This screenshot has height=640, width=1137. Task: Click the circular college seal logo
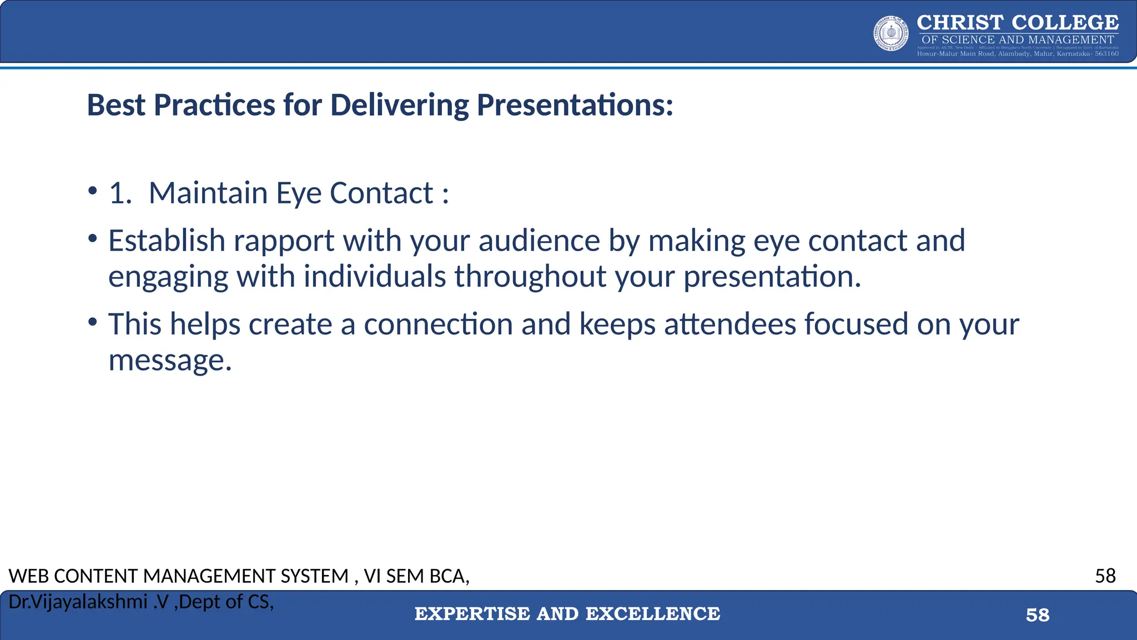(x=891, y=33)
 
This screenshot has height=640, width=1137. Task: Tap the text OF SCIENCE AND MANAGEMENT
(x=1018, y=40)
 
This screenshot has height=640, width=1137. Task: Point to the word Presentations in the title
(x=575, y=105)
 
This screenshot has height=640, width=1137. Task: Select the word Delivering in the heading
(x=399, y=105)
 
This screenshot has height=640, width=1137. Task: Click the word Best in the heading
(x=116, y=105)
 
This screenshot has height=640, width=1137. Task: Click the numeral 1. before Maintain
(x=120, y=193)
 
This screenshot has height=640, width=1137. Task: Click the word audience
(x=539, y=241)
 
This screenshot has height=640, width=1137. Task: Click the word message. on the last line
(x=170, y=361)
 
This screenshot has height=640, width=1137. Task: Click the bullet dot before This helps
(x=93, y=322)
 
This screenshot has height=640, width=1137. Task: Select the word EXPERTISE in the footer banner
(x=472, y=614)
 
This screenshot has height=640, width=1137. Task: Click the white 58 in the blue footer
(x=1037, y=615)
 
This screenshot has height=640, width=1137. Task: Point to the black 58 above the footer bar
(x=1105, y=576)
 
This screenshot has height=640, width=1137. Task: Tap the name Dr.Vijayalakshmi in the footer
(x=78, y=602)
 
